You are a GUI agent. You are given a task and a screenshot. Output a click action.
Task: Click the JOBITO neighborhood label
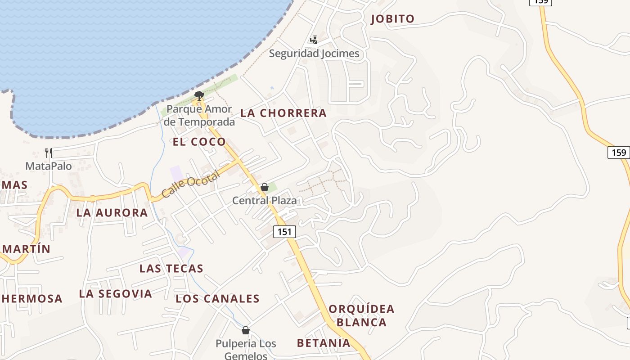tap(392, 19)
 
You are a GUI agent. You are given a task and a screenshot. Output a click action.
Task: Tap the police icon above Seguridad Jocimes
tap(314, 40)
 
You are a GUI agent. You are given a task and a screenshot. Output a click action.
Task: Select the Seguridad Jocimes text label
tap(314, 54)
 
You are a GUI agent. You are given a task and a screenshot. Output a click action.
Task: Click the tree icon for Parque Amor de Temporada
tap(199, 95)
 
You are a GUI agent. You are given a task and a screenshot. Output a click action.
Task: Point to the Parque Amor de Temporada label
tap(199, 115)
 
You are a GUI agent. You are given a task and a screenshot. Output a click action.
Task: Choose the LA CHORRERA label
tap(283, 113)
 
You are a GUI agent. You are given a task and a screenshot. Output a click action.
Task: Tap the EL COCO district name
tap(199, 142)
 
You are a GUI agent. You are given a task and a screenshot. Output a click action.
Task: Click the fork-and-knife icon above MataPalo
tap(49, 153)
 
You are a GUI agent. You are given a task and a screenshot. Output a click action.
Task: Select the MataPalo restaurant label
tap(49, 166)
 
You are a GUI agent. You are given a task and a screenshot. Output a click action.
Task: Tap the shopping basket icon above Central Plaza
tap(265, 187)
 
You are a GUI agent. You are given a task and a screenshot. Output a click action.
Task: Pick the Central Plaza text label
tap(265, 200)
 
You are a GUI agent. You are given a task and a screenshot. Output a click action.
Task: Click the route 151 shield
tap(284, 232)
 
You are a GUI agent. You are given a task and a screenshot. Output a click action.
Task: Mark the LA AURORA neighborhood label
tap(112, 213)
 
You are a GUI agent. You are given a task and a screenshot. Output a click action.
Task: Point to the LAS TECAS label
tap(171, 269)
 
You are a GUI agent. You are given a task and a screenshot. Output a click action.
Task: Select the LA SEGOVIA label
tap(116, 294)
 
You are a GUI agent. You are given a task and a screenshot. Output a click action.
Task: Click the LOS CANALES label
tap(218, 299)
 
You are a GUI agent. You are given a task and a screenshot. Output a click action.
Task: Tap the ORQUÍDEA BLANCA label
tap(361, 315)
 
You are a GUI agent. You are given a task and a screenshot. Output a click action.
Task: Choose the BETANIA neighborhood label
tap(324, 343)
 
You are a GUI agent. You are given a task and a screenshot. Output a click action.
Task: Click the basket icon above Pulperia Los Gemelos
tap(246, 331)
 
